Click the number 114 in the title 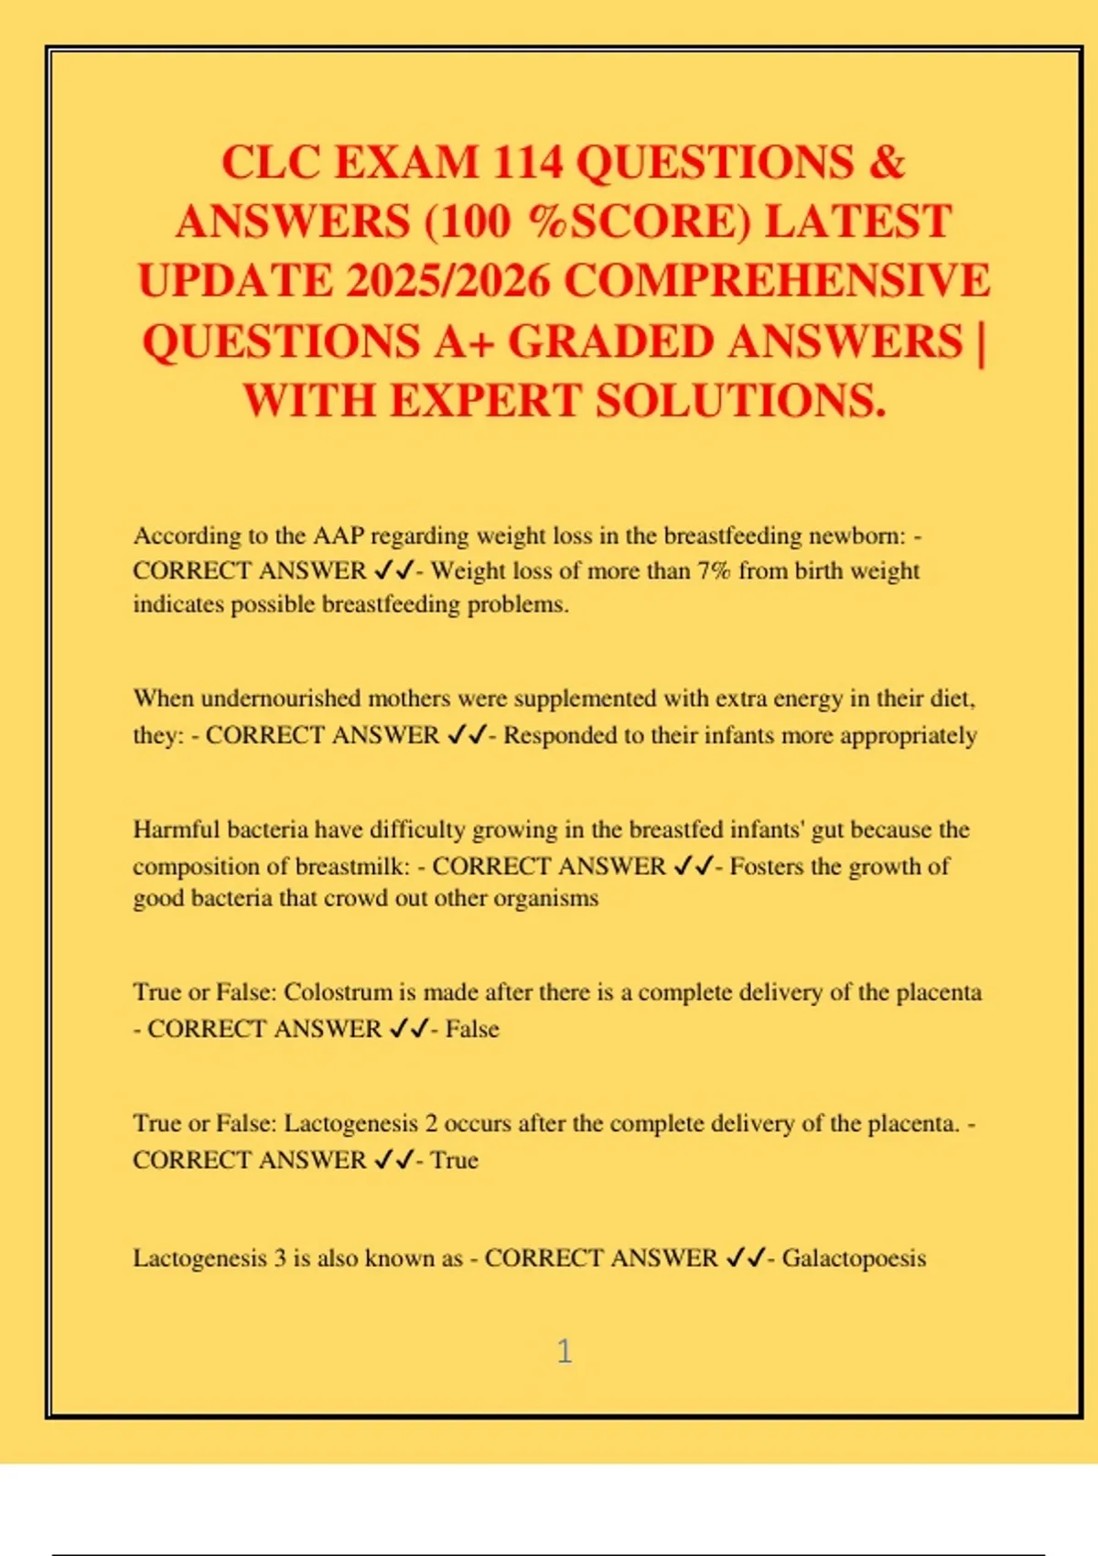coord(527,163)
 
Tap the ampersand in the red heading coord(885,163)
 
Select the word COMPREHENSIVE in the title coord(777,281)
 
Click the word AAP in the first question coord(339,535)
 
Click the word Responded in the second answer coord(559,735)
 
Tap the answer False coord(472,1029)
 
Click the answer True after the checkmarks coord(455,1160)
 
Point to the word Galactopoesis coord(854,1259)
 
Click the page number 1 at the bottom coord(565,1351)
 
